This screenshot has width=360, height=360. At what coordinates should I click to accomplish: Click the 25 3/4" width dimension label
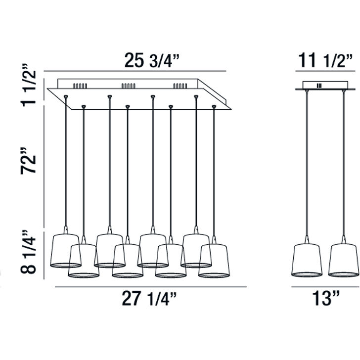click(x=151, y=61)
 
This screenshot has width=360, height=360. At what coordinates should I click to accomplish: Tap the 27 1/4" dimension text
click(x=149, y=299)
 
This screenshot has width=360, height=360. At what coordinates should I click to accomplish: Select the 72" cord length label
click(x=29, y=161)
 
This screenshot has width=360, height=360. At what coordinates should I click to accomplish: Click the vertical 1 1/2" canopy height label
click(x=29, y=86)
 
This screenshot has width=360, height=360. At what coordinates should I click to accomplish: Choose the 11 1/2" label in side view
click(x=325, y=61)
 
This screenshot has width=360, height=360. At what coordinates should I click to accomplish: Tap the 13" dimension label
click(x=326, y=298)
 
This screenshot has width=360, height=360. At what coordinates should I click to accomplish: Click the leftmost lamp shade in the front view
click(x=66, y=251)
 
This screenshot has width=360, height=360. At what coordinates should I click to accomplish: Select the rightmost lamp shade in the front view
click(x=214, y=261)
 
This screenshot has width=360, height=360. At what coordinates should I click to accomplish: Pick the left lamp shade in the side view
click(x=307, y=260)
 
